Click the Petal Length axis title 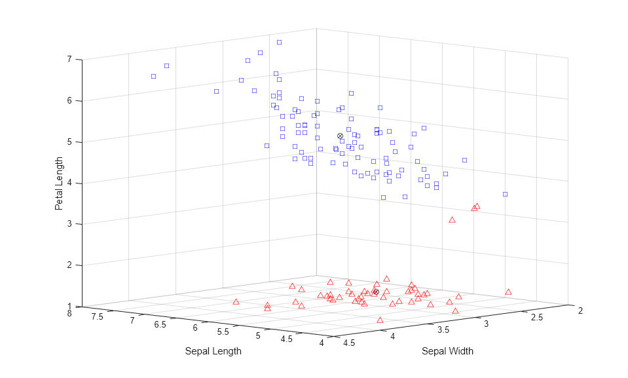pyautogui.click(x=59, y=183)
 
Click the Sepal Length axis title pyautogui.click(x=213, y=351)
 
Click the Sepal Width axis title pyautogui.click(x=447, y=351)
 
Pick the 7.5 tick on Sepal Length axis pyautogui.click(x=98, y=317)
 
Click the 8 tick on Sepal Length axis pyautogui.click(x=69, y=313)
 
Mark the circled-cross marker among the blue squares pyautogui.click(x=340, y=136)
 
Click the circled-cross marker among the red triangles pyautogui.click(x=376, y=292)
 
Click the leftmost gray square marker pyautogui.click(x=154, y=77)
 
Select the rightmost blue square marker pyautogui.click(x=506, y=194)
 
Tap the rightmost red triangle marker pyautogui.click(x=508, y=292)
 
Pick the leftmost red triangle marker pyautogui.click(x=236, y=302)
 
